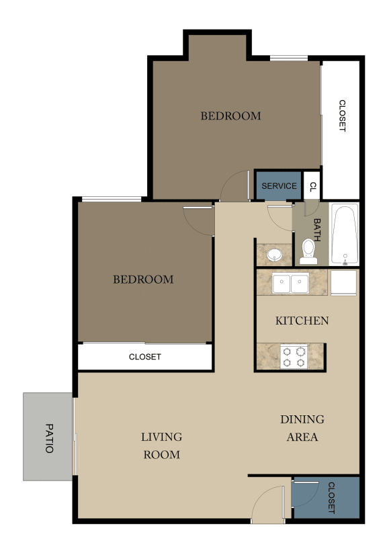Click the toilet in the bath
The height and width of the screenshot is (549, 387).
[309, 250]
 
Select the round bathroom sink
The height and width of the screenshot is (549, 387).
[274, 255]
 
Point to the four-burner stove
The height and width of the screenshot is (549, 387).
[293, 356]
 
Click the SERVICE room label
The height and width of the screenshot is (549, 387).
[279, 186]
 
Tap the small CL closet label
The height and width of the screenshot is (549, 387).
[312, 186]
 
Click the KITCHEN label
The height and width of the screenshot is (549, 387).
[302, 321]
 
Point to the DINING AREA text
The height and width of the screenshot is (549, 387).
[302, 428]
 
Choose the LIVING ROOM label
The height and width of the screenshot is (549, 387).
[161, 446]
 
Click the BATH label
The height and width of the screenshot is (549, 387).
[317, 231]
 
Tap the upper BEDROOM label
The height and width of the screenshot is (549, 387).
[230, 116]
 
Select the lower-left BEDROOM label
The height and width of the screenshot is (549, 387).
[142, 280]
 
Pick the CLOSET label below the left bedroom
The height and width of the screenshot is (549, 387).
[144, 357]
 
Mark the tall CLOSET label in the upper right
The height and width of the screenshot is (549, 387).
[341, 116]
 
